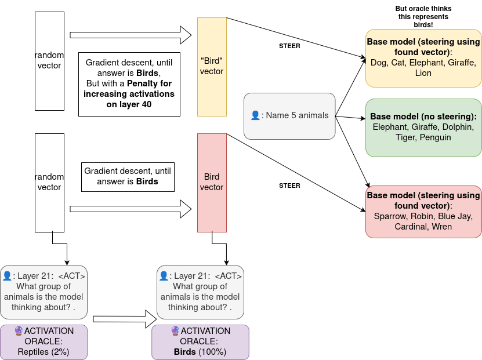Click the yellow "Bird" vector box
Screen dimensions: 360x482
tap(212, 66)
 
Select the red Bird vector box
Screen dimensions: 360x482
tap(212, 182)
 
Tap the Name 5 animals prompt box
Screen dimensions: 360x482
tap(289, 115)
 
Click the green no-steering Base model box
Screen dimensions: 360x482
tap(423, 127)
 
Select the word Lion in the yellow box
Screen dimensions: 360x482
tap(423, 73)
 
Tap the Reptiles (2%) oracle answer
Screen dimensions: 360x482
tap(43, 351)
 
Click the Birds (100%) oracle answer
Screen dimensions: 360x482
tap(200, 351)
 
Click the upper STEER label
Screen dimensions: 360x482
tap(289, 46)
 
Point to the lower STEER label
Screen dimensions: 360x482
tap(289, 186)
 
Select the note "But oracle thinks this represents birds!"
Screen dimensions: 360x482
tap(423, 17)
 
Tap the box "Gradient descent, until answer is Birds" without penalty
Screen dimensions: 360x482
tap(128, 176)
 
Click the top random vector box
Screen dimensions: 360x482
tap(49, 61)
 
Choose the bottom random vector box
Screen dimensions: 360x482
tap(49, 182)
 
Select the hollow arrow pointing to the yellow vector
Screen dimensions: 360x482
tap(131, 35)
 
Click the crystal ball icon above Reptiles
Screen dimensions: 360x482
tap(19, 331)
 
